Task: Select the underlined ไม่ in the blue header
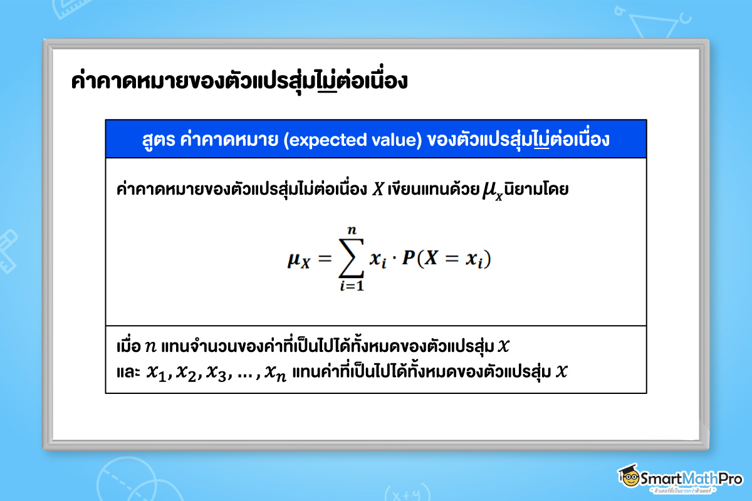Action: point(539,140)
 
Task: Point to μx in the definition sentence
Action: point(492,191)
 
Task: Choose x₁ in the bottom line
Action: point(157,373)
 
